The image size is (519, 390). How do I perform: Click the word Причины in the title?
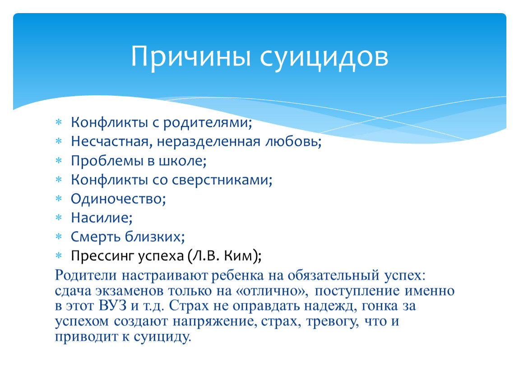pyautogui.click(x=190, y=57)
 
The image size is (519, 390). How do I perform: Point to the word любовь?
pyautogui.click(x=293, y=141)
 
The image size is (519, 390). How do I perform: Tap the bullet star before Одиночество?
pyautogui.click(x=59, y=199)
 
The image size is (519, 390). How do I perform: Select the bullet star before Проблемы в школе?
pyautogui.click(x=59, y=161)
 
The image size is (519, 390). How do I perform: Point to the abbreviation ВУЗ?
pyautogui.click(x=113, y=306)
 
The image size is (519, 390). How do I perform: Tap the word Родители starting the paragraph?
pyautogui.click(x=86, y=275)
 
